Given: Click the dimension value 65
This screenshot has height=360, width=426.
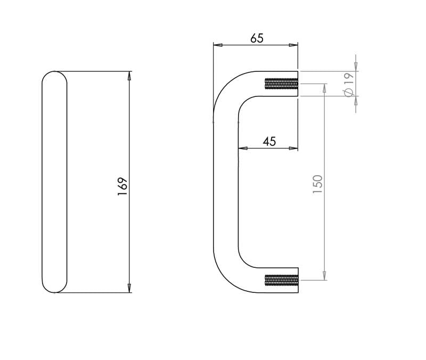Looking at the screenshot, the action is tap(257, 38).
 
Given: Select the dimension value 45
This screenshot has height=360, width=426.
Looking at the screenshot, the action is tap(269, 142).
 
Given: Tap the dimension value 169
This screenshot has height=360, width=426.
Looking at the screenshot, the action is tap(122, 186).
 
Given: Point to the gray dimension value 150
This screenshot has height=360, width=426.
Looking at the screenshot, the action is tap(317, 184).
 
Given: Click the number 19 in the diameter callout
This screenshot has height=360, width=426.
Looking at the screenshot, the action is tap(349, 78).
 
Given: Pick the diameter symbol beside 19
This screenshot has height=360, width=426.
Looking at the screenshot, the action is tap(349, 92).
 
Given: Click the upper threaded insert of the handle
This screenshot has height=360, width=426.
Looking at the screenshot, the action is tap(282, 84).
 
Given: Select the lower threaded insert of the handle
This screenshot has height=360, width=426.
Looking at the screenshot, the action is tap(282, 280).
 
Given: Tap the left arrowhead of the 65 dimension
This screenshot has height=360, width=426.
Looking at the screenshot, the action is tap(218, 45).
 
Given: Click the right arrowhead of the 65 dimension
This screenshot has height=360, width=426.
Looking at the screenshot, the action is tap(293, 45).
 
